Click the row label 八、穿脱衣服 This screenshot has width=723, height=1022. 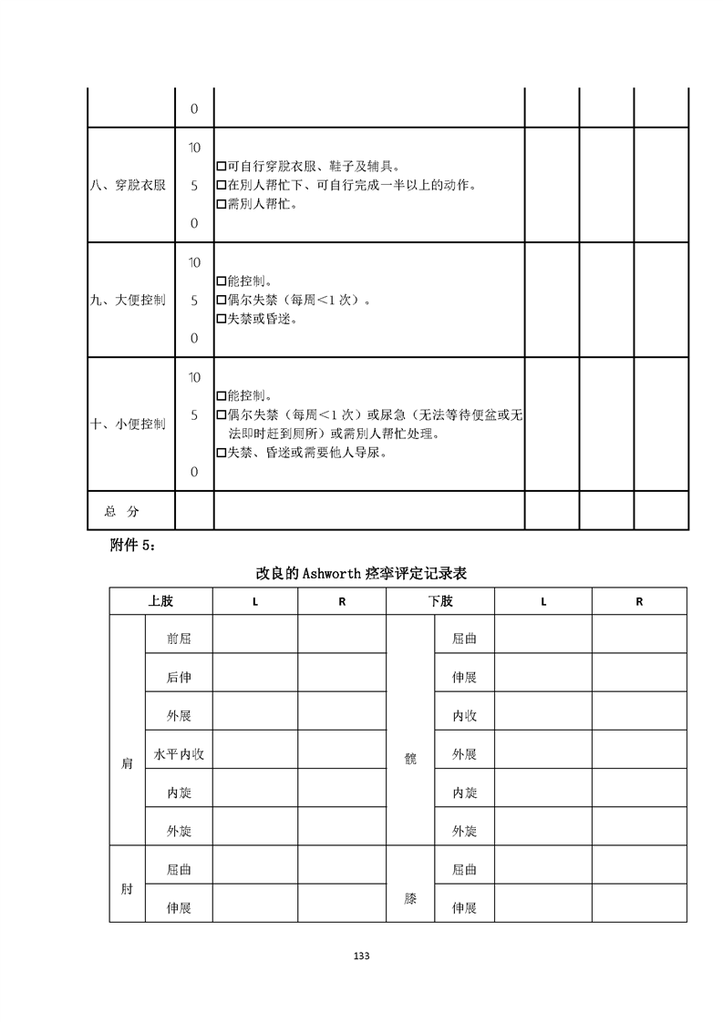(x=129, y=185)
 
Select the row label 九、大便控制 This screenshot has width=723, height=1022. (x=129, y=300)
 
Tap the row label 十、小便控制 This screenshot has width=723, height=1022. (x=129, y=424)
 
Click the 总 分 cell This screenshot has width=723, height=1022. (x=129, y=512)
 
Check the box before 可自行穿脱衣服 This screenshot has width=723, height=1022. (x=222, y=167)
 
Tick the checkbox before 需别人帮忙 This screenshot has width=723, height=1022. (x=222, y=204)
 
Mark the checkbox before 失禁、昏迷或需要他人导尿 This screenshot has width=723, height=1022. (x=222, y=453)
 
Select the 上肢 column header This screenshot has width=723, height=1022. (x=160, y=601)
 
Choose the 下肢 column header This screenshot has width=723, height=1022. (x=440, y=601)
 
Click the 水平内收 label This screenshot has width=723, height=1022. (x=179, y=754)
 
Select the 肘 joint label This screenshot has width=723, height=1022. (x=127, y=889)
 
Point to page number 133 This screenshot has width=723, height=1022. (x=361, y=956)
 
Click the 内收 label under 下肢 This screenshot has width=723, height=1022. (x=465, y=716)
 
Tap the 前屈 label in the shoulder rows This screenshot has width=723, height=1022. (x=179, y=639)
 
